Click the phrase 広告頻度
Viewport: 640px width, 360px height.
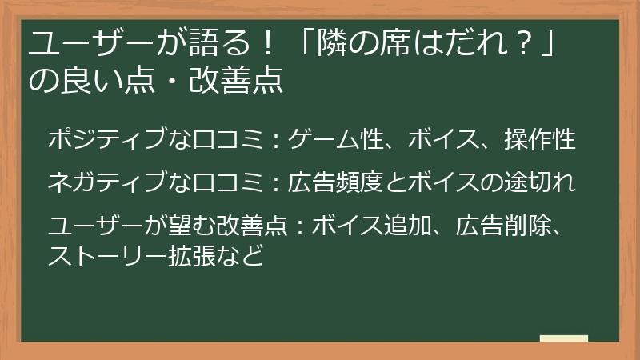[336, 182]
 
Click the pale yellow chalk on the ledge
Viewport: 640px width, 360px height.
[564, 338]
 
